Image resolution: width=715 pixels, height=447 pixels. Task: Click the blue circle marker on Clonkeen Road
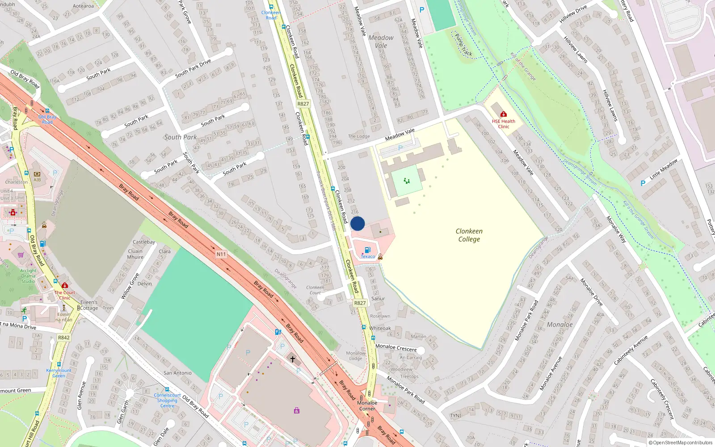357,223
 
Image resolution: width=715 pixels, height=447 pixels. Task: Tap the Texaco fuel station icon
367,250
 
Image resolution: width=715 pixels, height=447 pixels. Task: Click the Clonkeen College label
469,235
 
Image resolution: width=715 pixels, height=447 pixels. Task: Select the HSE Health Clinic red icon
504,114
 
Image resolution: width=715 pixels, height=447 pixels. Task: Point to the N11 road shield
221,254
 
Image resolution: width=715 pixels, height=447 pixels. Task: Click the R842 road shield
63,337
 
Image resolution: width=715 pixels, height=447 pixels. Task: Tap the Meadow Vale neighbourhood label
381,42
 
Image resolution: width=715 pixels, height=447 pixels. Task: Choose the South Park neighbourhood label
180,137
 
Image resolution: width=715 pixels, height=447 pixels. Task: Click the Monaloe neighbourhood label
559,325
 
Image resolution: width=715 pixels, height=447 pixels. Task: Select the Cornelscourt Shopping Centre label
167,401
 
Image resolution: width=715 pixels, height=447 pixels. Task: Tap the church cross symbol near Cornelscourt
293,359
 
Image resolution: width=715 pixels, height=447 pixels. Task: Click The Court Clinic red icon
65,285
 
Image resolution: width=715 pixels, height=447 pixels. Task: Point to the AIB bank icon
37,174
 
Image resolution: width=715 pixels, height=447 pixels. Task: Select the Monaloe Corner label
367,405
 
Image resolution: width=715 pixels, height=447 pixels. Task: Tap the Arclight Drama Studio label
28,276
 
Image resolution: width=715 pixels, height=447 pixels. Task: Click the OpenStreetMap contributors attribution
680,443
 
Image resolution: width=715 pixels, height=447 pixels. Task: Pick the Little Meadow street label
663,169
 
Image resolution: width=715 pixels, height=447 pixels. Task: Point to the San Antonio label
177,373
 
